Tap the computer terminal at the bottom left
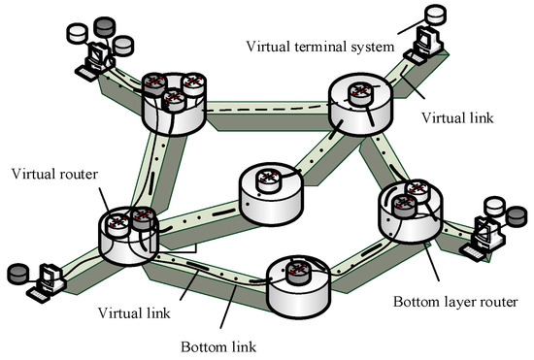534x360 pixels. point(43,280)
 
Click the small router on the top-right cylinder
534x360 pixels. point(361,94)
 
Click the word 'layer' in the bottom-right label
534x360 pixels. point(454,303)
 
